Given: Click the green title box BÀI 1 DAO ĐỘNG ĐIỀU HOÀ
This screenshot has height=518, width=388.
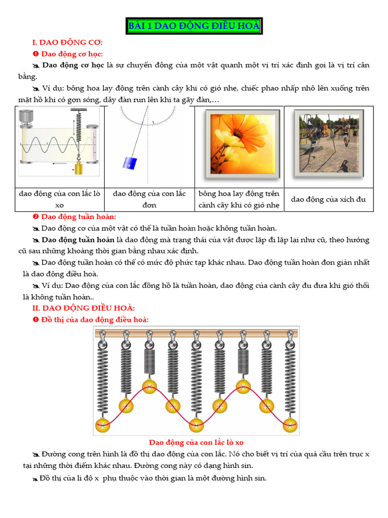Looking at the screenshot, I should tap(193, 27).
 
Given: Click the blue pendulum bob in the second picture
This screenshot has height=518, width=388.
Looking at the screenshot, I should tap(130, 163).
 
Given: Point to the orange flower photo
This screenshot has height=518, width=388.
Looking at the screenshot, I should tap(240, 143).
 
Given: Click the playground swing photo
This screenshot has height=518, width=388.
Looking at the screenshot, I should tap(328, 142).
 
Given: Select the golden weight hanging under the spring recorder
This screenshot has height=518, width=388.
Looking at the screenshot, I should tap(78, 166).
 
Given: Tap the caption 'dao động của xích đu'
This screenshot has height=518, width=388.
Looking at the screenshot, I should tap(328, 199).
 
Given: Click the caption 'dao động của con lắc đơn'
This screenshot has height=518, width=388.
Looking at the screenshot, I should tap(150, 199).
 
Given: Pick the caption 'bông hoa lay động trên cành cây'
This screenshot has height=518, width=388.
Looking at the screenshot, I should tap(239, 199).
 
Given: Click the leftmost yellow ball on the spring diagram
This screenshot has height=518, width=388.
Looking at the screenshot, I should tap(103, 424).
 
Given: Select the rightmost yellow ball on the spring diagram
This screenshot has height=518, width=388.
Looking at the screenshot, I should tap(290, 424).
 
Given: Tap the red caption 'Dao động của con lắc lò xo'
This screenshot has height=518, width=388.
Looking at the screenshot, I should tap(196, 443).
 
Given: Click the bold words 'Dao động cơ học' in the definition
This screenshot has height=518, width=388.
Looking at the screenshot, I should tap(73, 65).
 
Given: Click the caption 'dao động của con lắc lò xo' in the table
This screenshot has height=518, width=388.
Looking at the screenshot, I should tap(60, 199).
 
